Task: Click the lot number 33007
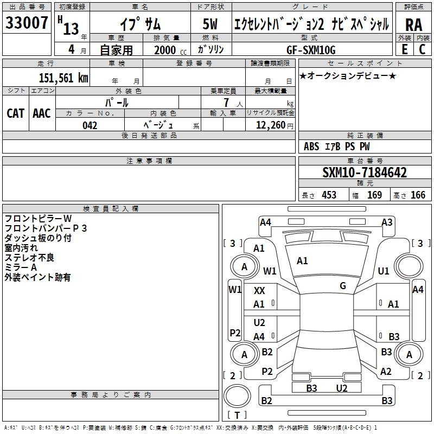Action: (27, 23)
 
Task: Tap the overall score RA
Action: (413, 25)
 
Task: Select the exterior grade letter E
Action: (404, 49)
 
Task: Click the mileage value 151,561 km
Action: (63, 78)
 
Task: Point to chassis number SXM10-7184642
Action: (365, 173)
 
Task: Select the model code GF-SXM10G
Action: (311, 50)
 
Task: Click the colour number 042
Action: (90, 125)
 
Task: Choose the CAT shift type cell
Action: (16, 113)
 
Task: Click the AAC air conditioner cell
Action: (42, 113)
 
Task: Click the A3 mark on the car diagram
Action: (387, 222)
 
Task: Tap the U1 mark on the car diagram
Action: (384, 271)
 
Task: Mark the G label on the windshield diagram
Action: (343, 285)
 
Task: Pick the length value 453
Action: (329, 195)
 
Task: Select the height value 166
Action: (418, 195)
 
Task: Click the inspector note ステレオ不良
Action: (29, 258)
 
